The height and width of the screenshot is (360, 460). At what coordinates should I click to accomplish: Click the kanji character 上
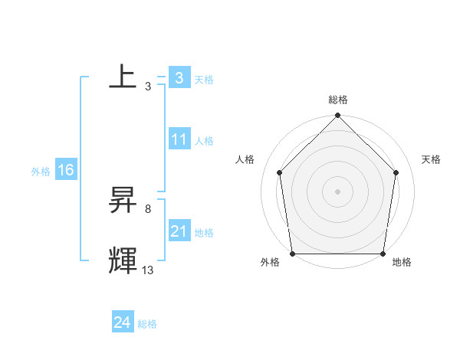click(123, 77)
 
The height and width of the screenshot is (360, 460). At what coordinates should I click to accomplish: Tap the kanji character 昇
click(123, 201)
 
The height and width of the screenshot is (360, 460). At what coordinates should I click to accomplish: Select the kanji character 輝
click(123, 260)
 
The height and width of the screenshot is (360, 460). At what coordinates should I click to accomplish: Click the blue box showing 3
click(179, 77)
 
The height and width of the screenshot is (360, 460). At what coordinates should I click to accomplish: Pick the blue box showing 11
click(179, 139)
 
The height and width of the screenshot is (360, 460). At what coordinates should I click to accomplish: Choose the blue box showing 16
click(65, 170)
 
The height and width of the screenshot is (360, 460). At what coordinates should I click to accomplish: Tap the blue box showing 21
click(179, 231)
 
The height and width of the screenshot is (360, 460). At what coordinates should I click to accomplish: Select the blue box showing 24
click(122, 322)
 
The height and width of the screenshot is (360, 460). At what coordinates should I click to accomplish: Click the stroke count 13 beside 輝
click(148, 270)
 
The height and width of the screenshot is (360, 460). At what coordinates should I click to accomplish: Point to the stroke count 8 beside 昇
click(148, 208)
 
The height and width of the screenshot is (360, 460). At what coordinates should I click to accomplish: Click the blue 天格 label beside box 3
click(204, 79)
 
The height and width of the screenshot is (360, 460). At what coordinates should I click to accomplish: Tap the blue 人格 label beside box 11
click(204, 141)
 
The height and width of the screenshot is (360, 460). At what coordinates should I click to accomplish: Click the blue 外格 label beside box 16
click(41, 171)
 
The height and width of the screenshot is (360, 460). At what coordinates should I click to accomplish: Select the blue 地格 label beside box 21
click(204, 233)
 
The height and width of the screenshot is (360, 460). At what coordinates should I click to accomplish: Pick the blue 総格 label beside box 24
click(147, 324)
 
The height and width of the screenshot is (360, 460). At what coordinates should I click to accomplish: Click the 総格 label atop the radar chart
click(338, 100)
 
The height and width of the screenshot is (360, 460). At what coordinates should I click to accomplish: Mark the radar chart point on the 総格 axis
click(337, 116)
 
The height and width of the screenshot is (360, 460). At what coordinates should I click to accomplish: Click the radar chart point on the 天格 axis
click(396, 172)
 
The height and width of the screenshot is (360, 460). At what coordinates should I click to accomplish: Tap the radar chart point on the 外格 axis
click(292, 254)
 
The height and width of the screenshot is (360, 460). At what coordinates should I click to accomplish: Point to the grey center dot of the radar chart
click(337, 191)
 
